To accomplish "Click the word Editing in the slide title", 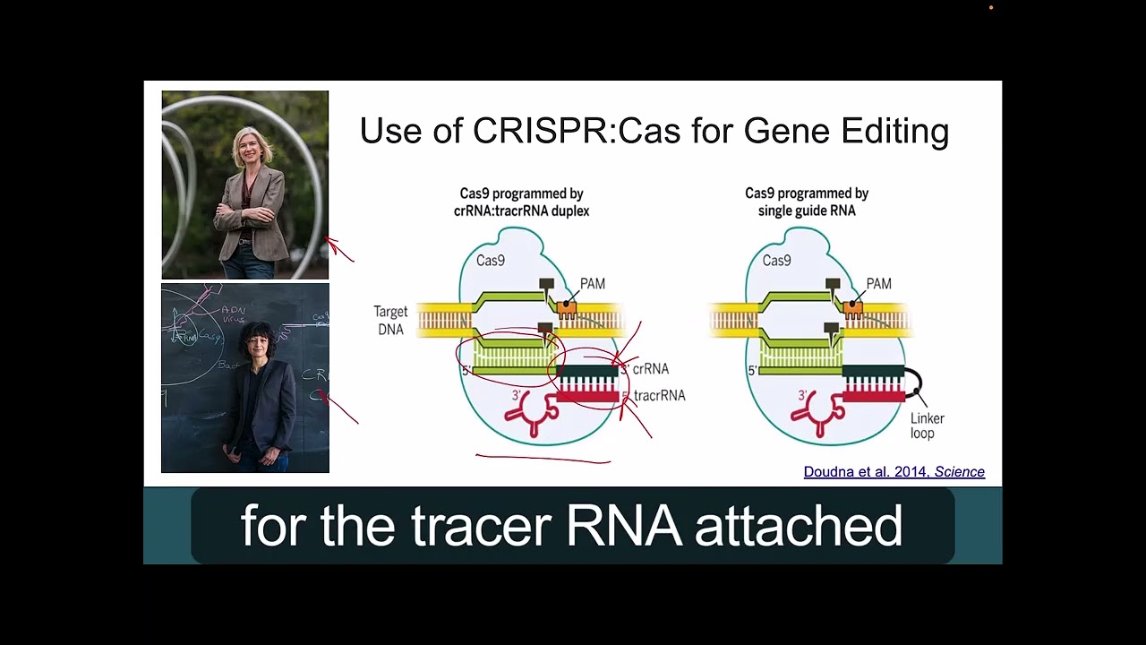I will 894,132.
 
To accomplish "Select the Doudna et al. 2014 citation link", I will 894,472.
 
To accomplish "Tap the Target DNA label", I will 390,321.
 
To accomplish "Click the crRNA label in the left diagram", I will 650,369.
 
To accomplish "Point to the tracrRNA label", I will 659,395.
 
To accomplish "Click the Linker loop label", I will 927,426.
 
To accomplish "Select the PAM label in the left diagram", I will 592,284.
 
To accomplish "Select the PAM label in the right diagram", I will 878,284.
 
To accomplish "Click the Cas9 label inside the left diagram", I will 490,261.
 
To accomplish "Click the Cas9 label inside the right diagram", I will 776,261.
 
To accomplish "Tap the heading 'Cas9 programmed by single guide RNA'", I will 807,202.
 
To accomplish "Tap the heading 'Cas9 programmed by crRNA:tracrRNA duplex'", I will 521,202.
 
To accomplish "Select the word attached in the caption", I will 798,526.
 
